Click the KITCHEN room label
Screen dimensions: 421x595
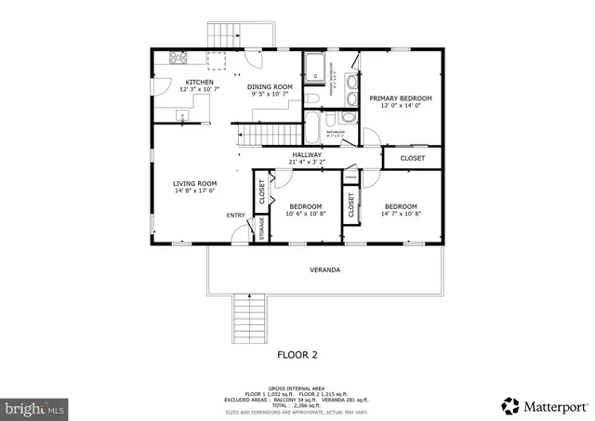coord(199,83)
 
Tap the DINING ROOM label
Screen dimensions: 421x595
coord(270,86)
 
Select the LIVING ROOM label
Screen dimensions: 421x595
coord(194,183)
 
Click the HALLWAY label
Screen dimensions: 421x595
coord(307,154)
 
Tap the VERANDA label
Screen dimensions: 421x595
coord(324,270)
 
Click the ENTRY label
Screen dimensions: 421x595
coord(236,216)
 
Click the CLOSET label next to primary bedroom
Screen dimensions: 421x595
coord(413,158)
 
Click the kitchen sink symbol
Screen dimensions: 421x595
coord(183,116)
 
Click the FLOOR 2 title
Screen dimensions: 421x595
coord(297,354)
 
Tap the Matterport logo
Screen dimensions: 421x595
coord(544,405)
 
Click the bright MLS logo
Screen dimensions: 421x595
coord(34,407)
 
